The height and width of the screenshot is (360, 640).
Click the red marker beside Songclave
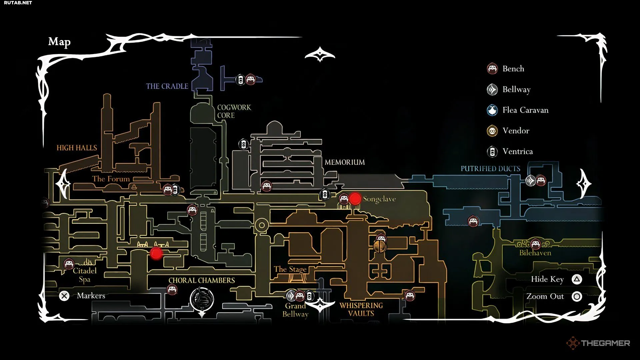355,199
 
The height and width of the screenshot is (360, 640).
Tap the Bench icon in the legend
492,69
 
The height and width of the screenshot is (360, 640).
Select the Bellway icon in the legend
492,89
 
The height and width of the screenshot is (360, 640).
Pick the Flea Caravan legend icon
492,110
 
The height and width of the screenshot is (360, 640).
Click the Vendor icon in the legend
492,131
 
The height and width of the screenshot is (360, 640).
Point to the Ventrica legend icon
492,152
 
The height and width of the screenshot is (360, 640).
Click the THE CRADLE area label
167,86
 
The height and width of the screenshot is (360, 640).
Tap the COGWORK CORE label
234,111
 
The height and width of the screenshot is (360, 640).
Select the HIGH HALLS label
77,148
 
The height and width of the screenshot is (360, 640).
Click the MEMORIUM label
345,162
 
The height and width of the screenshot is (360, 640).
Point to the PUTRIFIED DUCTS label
490,169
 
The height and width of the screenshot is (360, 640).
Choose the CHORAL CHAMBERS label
201,280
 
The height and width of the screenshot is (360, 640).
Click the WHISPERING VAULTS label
361,309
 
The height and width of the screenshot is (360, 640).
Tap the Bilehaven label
535,253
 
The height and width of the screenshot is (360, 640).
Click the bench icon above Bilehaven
535,244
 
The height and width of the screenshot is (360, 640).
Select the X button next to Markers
64,296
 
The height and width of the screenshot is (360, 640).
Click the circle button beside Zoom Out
577,296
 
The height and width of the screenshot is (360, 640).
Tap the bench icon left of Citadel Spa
69,264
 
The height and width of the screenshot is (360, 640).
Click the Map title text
59,42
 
